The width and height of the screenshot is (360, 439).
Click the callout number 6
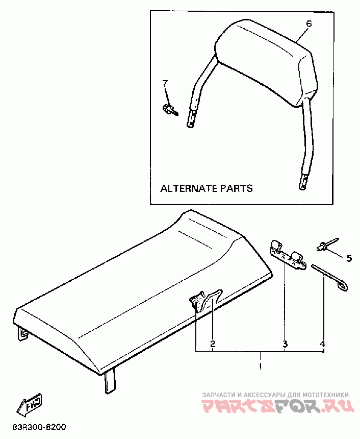[308, 23]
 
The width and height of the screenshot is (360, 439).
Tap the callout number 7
[165, 83]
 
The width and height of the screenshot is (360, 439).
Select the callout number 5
[349, 258]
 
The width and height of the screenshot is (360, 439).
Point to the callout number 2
[213, 344]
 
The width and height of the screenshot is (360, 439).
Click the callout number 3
[286, 344]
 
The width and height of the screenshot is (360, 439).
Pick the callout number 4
[322, 344]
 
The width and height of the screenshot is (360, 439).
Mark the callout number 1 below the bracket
[260, 366]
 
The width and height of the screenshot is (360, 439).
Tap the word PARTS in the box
[236, 188]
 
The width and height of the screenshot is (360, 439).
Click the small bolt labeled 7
[169, 109]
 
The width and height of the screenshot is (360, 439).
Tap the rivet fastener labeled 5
[325, 246]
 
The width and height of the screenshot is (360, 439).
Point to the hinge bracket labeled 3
[288, 254]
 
